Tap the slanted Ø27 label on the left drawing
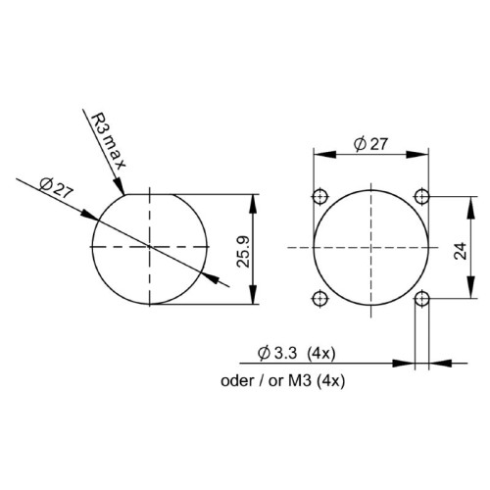tap(58, 187)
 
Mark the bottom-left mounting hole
tap(319, 298)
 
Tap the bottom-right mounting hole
tap(421, 298)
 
